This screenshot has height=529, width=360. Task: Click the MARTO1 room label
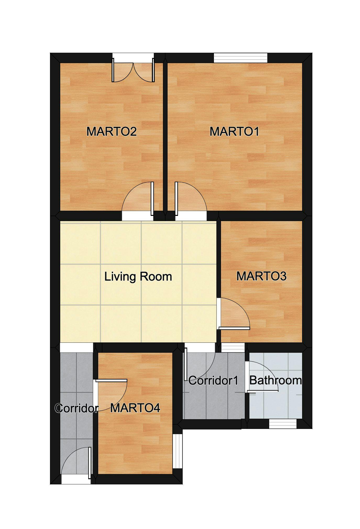[x=234, y=132]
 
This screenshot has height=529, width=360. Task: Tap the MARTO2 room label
[x=112, y=132]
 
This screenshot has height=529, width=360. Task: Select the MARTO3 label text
[x=261, y=276]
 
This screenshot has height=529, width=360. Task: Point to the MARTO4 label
[x=135, y=408]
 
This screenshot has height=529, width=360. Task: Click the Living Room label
[x=138, y=277]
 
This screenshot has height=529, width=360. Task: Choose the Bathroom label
[x=275, y=380]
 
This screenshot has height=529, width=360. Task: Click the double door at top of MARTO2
[x=133, y=69]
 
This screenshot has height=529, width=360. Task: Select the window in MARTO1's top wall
[x=240, y=58]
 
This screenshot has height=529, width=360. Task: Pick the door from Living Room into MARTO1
[x=191, y=202]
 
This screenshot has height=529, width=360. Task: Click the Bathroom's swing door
[x=262, y=377]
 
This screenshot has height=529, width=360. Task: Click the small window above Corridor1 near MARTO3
[x=232, y=348]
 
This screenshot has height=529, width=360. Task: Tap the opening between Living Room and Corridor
[x=76, y=347]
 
